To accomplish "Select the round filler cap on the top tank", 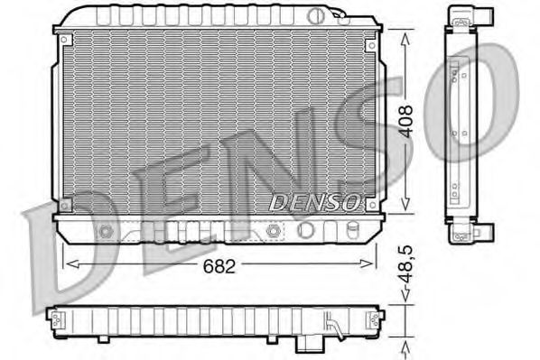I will coord(314,15).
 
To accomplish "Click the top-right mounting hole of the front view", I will coord(370,39).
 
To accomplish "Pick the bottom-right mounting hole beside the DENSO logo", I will coord(370,206).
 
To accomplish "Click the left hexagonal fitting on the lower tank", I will coord(107,231).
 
